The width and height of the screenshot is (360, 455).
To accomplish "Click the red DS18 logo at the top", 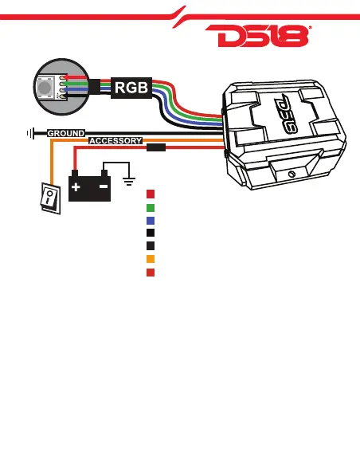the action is click(x=257, y=36).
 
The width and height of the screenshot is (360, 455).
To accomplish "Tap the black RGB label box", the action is click(x=131, y=88).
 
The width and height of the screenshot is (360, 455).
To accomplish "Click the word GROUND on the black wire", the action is click(x=66, y=133).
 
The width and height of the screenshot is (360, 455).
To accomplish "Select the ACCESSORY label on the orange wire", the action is click(x=115, y=141).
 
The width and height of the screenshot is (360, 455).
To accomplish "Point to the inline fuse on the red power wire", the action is click(x=156, y=147).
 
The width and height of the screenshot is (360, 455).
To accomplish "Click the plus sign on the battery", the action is click(x=76, y=187).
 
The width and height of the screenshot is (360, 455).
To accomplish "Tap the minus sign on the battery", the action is click(x=104, y=186).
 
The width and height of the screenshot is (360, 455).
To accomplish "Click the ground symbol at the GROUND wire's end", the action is click(x=31, y=134).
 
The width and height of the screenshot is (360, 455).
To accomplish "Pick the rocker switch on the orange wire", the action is click(x=50, y=198).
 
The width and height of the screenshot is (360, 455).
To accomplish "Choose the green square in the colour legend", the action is click(x=151, y=208).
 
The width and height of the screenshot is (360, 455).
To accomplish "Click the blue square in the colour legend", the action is click(x=151, y=221).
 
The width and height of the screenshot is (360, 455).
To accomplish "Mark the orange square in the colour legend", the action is click(x=151, y=259).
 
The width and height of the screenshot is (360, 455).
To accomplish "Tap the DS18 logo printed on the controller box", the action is click(x=286, y=114).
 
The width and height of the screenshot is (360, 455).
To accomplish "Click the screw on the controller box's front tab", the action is click(x=292, y=174).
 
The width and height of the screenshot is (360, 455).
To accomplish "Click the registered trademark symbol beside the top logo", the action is click(x=310, y=27).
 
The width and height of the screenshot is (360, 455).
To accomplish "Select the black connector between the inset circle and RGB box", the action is click(x=94, y=87).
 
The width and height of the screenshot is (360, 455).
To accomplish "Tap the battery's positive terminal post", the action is click(x=75, y=173).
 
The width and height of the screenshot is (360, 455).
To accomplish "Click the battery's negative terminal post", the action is click(x=104, y=173).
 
